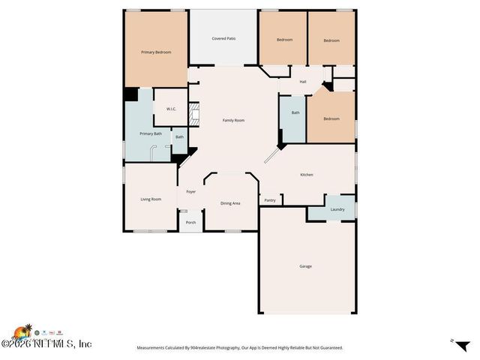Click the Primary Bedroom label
[157, 52]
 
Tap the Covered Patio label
[223, 38]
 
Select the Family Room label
[233, 120]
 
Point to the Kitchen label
[307, 175]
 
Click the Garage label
[305, 266]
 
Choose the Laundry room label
[337, 209]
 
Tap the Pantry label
[270, 200]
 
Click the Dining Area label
[230, 203]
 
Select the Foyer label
[191, 192]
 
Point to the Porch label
[191, 222]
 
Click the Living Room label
[151, 199]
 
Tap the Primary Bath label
[151, 133]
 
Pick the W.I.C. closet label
[171, 109]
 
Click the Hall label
[303, 82]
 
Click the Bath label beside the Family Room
[295, 112]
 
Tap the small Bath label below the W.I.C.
[179, 137]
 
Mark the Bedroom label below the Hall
[331, 118]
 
